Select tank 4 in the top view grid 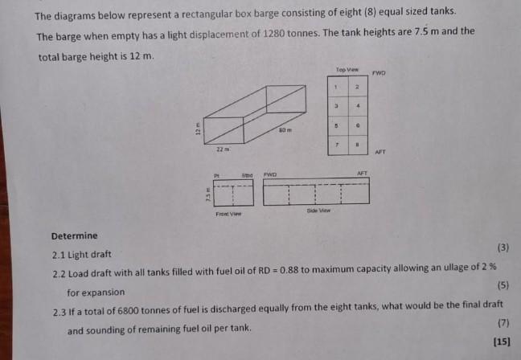(x=356, y=105)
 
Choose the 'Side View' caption (x=318, y=211)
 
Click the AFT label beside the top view (x=381, y=151)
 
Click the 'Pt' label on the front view (x=215, y=174)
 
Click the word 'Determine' (x=74, y=235)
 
